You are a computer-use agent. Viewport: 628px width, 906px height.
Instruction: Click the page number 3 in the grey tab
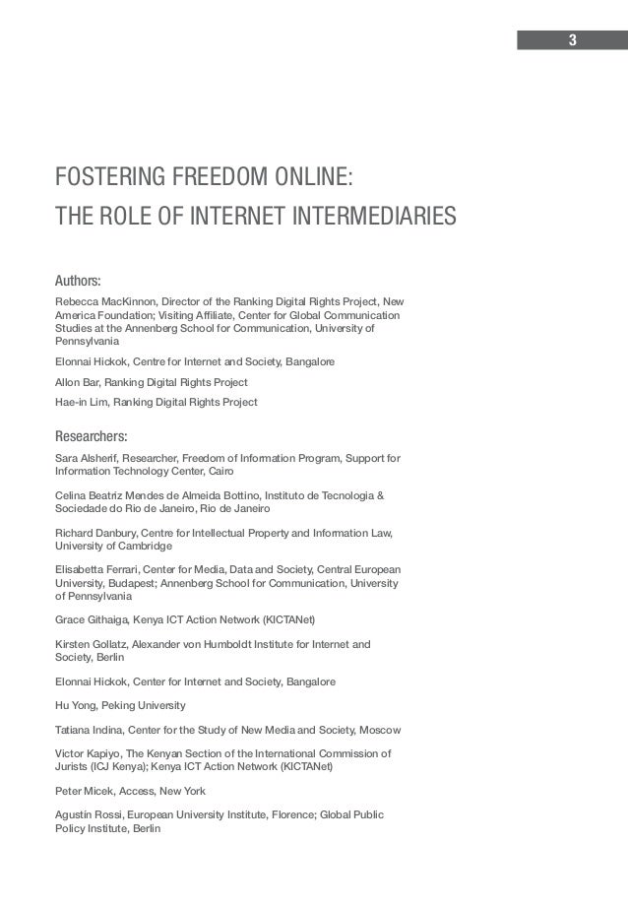tap(572, 40)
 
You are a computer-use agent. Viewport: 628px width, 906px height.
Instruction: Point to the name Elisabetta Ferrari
tap(97, 570)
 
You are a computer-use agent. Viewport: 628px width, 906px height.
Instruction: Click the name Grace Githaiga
tap(94, 619)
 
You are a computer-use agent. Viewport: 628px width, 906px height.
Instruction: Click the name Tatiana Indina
tap(91, 730)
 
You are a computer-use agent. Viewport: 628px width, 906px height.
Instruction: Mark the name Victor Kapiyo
tap(90, 754)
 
